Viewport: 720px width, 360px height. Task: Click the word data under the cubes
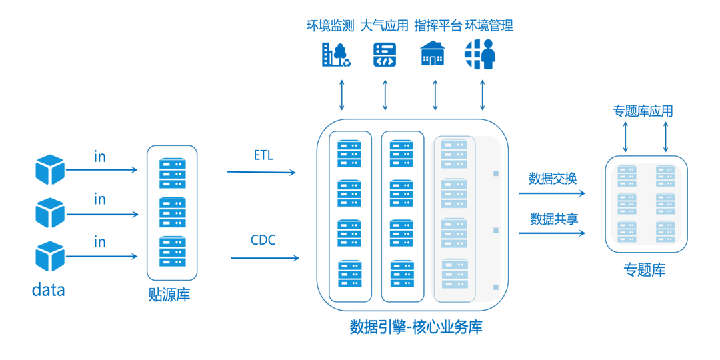click(x=49, y=290)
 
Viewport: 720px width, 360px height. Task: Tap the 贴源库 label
click(x=169, y=295)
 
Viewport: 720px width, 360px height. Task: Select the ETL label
click(x=263, y=155)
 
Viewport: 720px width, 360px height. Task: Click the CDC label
click(x=263, y=240)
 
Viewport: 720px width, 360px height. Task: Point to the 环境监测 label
click(x=329, y=26)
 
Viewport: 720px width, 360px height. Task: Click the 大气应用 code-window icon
click(x=385, y=54)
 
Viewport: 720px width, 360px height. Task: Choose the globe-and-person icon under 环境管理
click(x=481, y=54)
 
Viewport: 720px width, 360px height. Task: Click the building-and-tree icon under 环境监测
click(x=336, y=54)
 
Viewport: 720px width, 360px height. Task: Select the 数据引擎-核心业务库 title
click(x=416, y=327)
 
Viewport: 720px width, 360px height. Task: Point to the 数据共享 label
click(x=553, y=219)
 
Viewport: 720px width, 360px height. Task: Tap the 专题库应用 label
click(x=643, y=111)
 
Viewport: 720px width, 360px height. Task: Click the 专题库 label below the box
click(x=644, y=269)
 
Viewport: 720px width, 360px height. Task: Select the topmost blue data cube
click(x=50, y=169)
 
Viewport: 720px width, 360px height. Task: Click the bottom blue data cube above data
click(x=50, y=257)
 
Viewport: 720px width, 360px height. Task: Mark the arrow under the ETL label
click(x=261, y=173)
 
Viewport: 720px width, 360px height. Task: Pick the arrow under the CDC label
click(x=264, y=258)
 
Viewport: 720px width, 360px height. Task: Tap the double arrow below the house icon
click(x=435, y=96)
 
